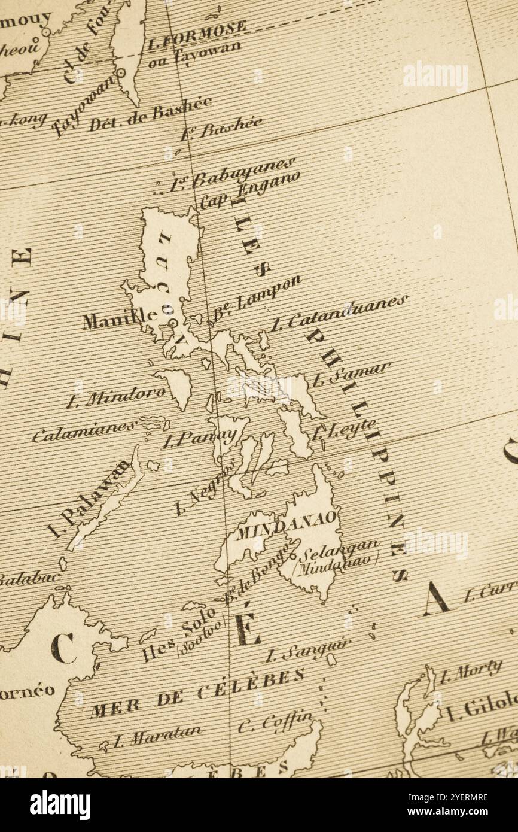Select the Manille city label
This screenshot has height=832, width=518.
click(120, 318)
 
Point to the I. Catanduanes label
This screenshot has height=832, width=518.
click(338, 313)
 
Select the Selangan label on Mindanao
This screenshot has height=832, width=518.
click(339, 549)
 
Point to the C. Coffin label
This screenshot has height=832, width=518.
click(275, 722)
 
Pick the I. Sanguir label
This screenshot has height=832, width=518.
click(307, 649)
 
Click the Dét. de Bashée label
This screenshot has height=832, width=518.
click(150, 114)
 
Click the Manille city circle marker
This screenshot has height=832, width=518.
click(173, 323)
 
